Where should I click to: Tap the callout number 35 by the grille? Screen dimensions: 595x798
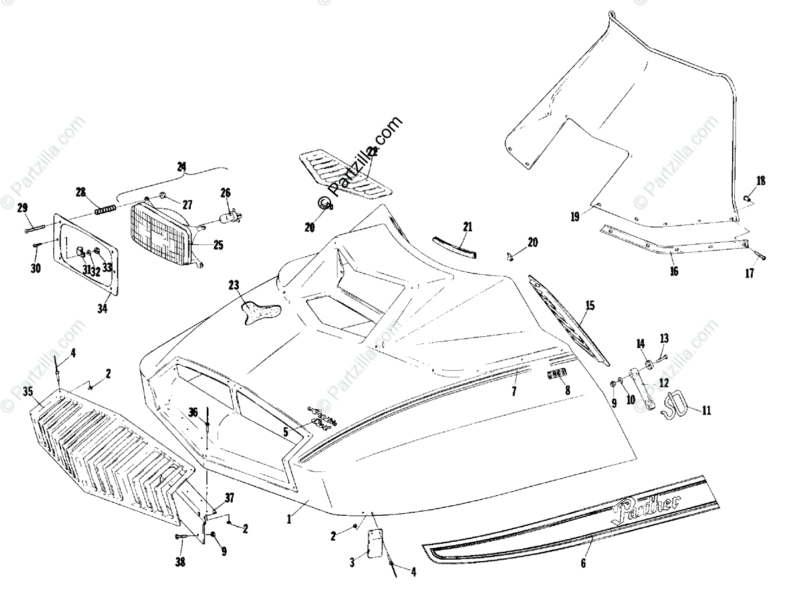coord(27,390)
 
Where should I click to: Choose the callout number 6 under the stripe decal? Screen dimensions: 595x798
coord(583,563)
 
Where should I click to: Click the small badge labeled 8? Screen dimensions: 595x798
coord(557,375)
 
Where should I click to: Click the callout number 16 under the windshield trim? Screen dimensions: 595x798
coord(674,271)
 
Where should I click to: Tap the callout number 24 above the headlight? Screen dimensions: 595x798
coord(182,167)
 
